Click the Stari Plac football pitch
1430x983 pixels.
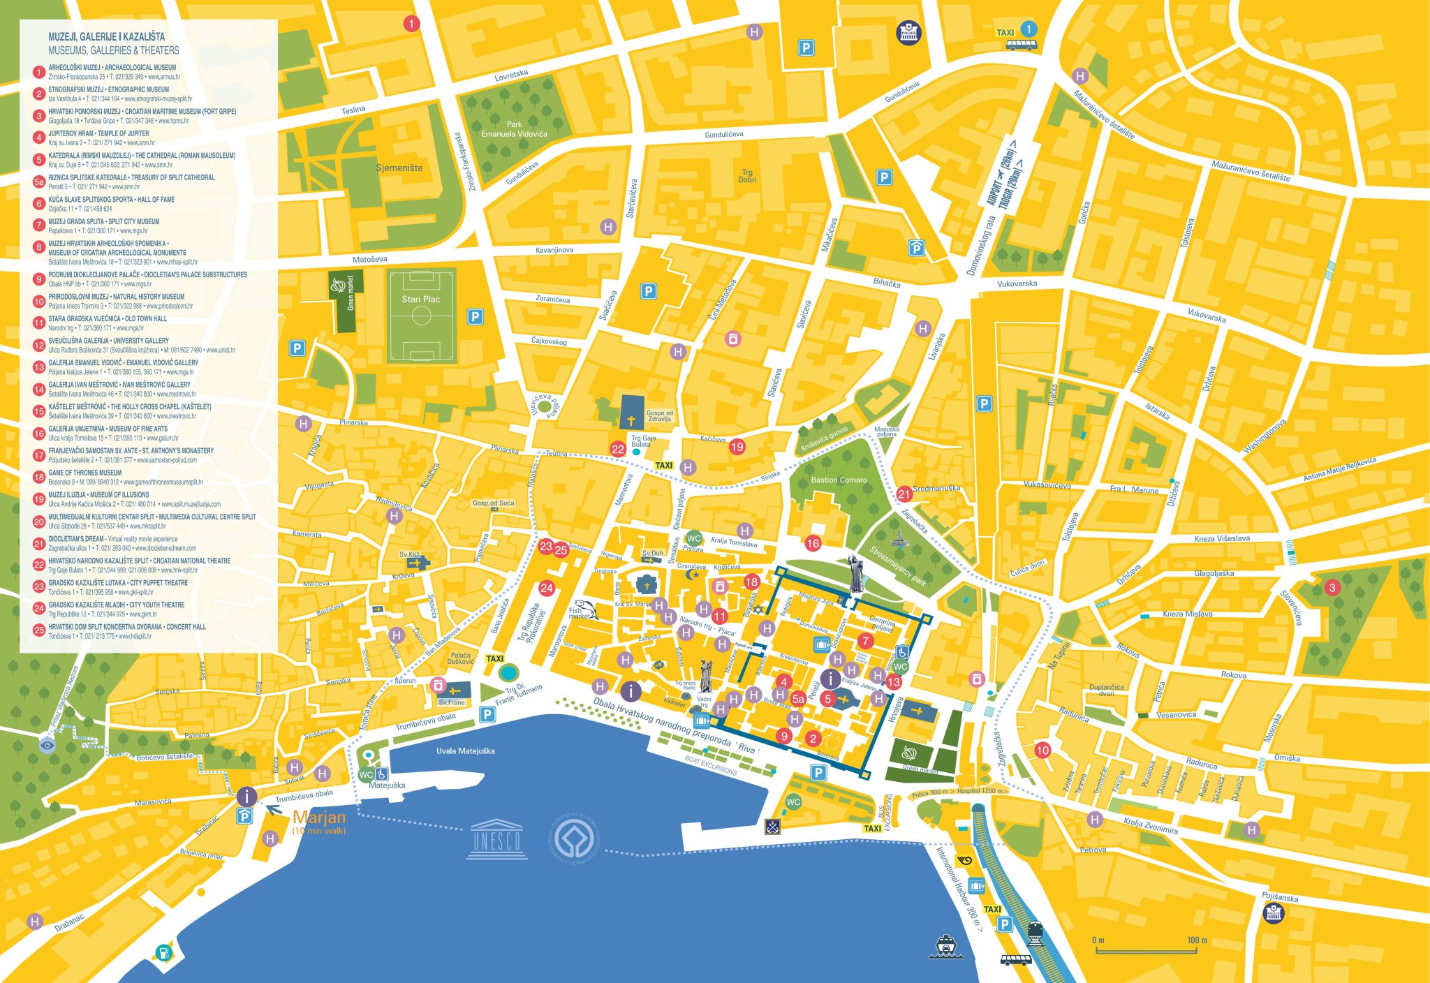[x=421, y=316]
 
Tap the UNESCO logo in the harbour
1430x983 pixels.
[x=496, y=836]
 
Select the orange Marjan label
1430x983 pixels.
[x=319, y=818]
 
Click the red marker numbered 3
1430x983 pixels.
[x=1332, y=587]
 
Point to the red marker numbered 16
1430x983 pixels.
[x=813, y=543]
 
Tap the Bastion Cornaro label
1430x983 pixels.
[x=839, y=480]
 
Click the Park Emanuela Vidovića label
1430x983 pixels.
[x=514, y=129]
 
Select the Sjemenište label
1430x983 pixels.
[x=399, y=168]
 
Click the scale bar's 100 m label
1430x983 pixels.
[x=1197, y=940]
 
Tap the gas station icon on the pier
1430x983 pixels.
[x=163, y=952]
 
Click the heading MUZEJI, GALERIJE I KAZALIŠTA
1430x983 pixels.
[x=106, y=36]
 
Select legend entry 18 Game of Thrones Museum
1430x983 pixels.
[x=84, y=473]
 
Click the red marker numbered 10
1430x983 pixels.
[x=1042, y=751]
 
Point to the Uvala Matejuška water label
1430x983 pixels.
[x=465, y=751]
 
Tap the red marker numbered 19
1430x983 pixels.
[x=737, y=447]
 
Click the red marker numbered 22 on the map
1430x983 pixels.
[x=617, y=449]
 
